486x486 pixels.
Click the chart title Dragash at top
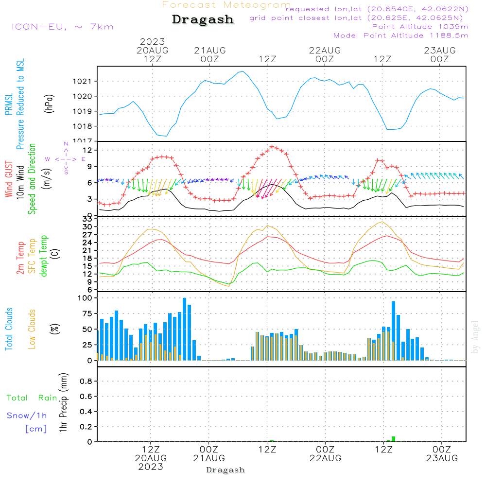click(x=203, y=20)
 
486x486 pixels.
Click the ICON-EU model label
click(x=62, y=27)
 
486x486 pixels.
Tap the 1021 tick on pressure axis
click(x=83, y=81)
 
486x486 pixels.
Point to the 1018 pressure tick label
click(x=83, y=126)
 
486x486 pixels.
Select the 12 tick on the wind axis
click(x=87, y=150)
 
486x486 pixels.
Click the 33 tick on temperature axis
click(x=87, y=219)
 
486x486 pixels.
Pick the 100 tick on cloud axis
click(x=85, y=298)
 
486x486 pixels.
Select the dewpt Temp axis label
click(x=43, y=256)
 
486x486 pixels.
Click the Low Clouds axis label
click(x=32, y=329)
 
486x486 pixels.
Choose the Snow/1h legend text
click(x=27, y=416)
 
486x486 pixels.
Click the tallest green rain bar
click(x=393, y=439)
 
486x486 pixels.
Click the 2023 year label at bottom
click(x=151, y=467)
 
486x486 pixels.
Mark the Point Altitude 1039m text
click(x=420, y=26)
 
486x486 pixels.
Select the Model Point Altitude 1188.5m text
click(x=400, y=35)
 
